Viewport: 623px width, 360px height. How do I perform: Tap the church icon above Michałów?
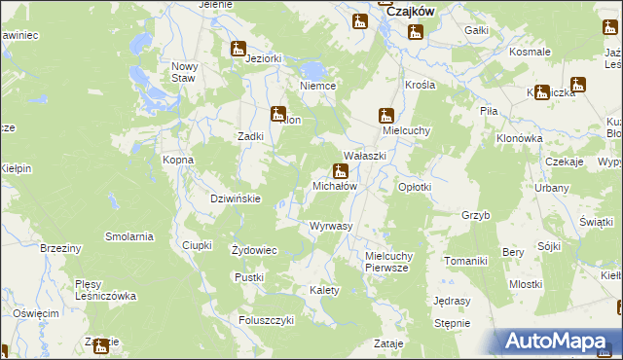[340, 170]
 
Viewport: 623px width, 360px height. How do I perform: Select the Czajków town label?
[410, 12]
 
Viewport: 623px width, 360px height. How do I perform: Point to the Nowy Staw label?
[185, 72]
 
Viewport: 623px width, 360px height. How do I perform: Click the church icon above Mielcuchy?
[385, 114]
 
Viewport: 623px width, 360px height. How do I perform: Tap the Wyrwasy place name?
[330, 226]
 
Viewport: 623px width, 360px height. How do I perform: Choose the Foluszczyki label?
[266, 319]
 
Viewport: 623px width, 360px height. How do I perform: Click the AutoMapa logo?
[559, 342]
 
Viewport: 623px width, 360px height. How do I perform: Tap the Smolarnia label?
[130, 236]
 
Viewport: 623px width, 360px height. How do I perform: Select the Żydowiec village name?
[254, 250]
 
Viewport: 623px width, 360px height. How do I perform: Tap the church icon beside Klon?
[278, 113]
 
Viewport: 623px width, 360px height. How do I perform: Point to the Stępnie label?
[452, 323]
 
